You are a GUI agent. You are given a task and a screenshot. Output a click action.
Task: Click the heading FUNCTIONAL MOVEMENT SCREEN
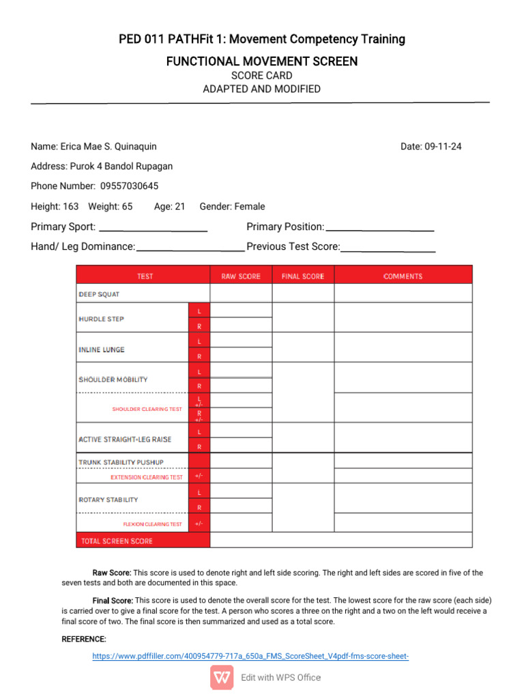point(261,61)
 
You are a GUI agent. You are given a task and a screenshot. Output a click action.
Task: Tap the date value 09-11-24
point(443,146)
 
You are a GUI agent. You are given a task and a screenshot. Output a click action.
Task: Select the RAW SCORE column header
point(241,276)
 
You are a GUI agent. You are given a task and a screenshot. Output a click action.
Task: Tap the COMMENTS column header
point(403,276)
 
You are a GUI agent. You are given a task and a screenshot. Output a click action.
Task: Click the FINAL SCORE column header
point(303,276)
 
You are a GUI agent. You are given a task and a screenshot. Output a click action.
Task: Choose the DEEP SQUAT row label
point(99,294)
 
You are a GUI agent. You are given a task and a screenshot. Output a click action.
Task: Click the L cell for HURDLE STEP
point(199,311)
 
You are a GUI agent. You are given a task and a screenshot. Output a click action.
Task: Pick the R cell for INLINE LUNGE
point(199,356)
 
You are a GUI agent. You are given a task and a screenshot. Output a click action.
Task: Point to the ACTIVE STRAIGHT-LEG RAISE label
point(125,439)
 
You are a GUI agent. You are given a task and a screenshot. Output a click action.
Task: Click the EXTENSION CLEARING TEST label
point(147,477)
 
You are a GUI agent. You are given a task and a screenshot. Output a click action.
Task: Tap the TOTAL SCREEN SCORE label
point(117,541)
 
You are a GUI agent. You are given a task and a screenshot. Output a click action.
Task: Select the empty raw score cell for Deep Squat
point(241,294)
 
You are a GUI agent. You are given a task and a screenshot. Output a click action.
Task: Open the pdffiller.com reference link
point(250,656)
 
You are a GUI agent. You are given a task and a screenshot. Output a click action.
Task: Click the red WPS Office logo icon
point(222,677)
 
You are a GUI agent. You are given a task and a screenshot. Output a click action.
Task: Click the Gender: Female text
point(232,206)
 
